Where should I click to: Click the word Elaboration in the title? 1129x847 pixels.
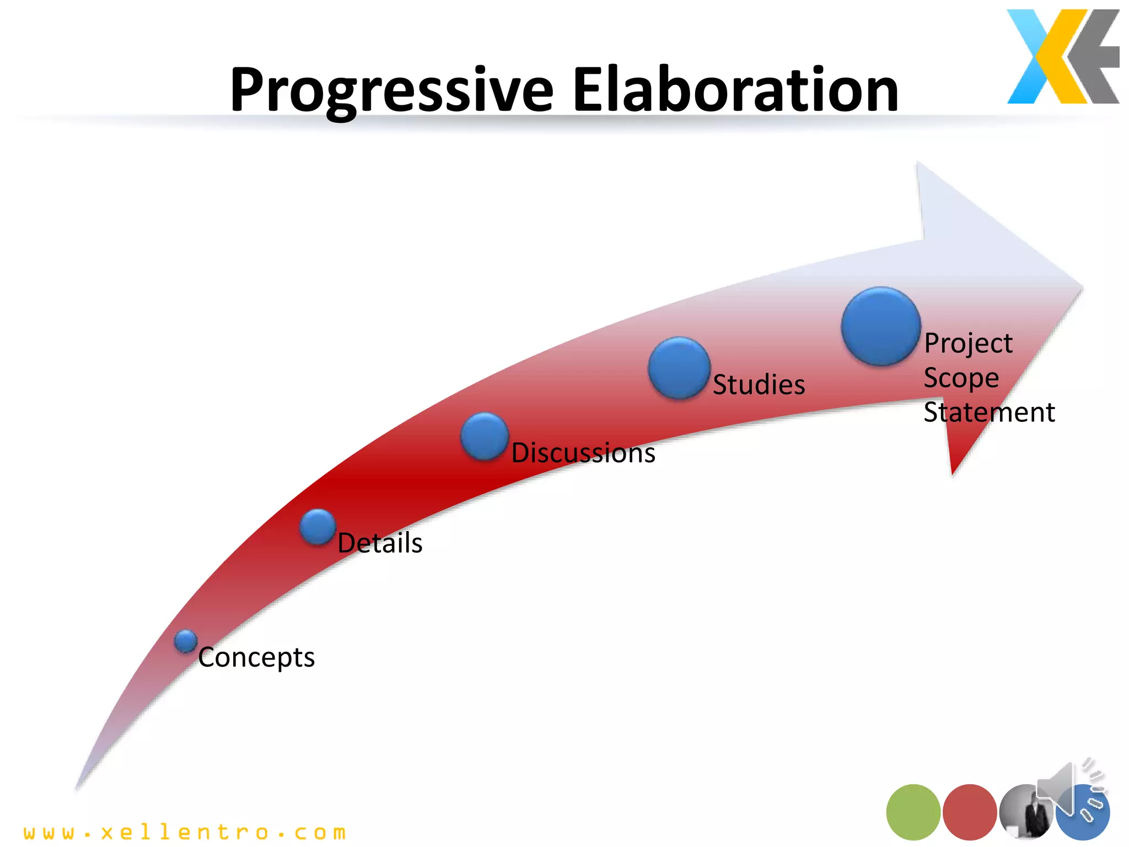point(735,89)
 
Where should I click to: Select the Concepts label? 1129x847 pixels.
point(256,657)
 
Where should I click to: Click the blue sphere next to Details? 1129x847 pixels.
point(318,527)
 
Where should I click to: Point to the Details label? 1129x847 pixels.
point(380,543)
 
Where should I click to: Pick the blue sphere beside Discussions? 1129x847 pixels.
point(485,436)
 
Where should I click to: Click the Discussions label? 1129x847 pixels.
point(583,453)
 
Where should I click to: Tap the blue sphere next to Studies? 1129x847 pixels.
point(679,368)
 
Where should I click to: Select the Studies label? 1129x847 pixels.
point(759,384)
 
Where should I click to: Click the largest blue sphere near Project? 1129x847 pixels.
point(881,326)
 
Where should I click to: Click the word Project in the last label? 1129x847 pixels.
point(968,344)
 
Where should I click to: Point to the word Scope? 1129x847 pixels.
point(961,378)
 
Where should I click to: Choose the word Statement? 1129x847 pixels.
point(989,412)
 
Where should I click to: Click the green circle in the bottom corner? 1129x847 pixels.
point(913,812)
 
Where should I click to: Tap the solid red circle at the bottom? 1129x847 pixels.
point(970,812)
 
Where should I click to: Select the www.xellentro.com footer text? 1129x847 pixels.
point(185,832)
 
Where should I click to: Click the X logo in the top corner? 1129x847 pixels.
point(1062,56)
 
